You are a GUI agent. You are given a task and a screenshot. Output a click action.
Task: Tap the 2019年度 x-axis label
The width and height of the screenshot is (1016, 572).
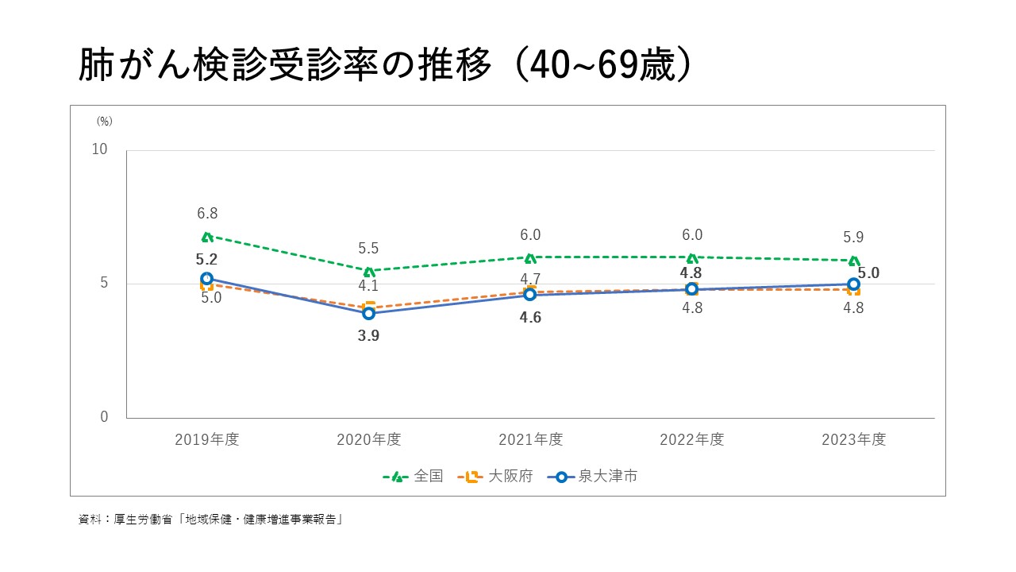(x=206, y=439)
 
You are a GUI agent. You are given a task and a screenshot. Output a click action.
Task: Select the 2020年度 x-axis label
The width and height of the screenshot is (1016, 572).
(x=368, y=439)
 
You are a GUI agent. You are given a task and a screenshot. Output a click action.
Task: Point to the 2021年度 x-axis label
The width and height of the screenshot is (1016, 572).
(x=530, y=439)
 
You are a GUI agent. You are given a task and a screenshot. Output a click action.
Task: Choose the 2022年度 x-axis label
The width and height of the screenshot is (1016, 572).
(x=692, y=439)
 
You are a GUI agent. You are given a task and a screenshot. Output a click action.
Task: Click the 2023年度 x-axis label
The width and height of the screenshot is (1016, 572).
(x=853, y=439)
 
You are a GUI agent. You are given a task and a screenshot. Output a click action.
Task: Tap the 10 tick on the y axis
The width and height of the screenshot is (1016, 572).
(x=100, y=150)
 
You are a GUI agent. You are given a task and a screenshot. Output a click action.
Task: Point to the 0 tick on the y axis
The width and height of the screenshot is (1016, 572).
(x=104, y=417)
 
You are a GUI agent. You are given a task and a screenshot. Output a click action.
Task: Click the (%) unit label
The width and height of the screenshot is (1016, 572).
(x=105, y=122)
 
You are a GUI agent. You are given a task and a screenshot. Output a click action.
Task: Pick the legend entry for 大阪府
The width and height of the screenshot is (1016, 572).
(x=497, y=477)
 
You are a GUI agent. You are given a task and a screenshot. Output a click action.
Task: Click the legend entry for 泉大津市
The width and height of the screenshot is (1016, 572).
(x=596, y=477)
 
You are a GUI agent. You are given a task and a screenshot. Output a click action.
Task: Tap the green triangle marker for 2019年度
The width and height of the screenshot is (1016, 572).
(x=206, y=236)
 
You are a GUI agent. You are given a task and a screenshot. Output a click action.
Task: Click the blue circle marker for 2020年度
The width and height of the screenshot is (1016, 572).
(x=368, y=313)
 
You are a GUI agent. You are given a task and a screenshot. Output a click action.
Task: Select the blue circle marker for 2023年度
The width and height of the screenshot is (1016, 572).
(x=853, y=284)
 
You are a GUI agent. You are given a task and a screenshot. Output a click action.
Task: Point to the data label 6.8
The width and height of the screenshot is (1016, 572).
(x=207, y=214)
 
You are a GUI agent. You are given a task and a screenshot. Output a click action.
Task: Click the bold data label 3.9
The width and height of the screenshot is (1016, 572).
(x=368, y=336)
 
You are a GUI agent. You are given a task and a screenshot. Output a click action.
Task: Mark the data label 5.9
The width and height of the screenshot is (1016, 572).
(x=853, y=238)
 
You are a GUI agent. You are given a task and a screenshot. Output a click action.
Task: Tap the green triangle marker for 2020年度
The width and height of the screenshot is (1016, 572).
(x=368, y=271)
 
